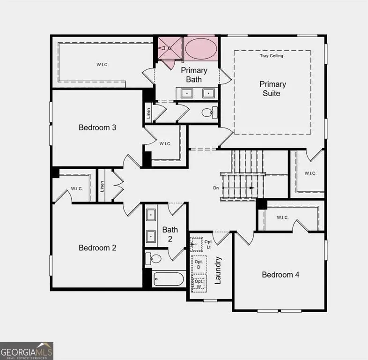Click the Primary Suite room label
pos(273,89)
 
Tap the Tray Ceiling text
pos(272,56)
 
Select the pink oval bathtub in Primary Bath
pos(201,48)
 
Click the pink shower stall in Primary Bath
pos(169,48)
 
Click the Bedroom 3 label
pos(97,127)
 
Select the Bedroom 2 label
pos(97,248)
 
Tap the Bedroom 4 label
pos(280,275)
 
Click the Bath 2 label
pos(170,234)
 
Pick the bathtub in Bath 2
pos(169,279)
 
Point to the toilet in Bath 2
pos(154,259)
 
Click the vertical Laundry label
pos(218,270)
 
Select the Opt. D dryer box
pos(199,264)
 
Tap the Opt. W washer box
pos(199,284)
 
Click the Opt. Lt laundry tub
pos(196,244)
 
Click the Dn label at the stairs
pos(216,188)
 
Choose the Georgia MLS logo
pos(27,351)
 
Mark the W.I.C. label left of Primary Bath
pos(103,65)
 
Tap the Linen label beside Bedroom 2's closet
pos(102,186)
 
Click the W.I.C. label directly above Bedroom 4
pos(282,217)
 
